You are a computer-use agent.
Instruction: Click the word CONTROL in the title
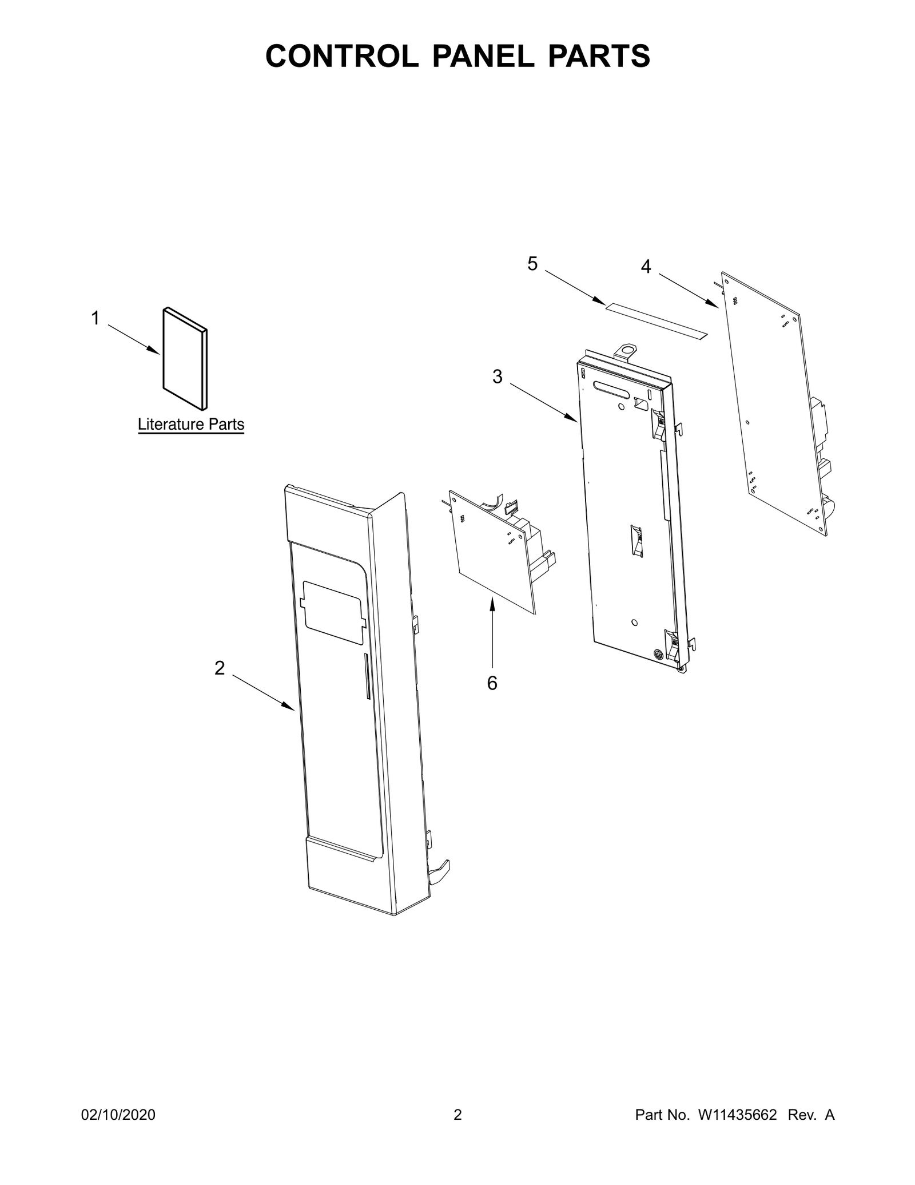[x=341, y=56]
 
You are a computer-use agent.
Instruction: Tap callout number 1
[x=96, y=318]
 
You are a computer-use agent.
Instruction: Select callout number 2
[x=220, y=668]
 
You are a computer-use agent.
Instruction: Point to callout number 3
[x=498, y=376]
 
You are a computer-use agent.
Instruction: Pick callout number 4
[x=646, y=266]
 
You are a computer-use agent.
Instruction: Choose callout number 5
[x=532, y=264]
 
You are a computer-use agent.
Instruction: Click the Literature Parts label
[x=191, y=425]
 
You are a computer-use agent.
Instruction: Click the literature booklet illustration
[x=185, y=359]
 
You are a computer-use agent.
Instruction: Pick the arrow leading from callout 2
[x=263, y=693]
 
